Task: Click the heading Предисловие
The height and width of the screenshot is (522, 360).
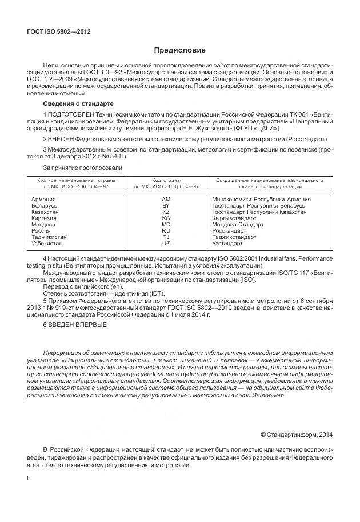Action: pos(179,50)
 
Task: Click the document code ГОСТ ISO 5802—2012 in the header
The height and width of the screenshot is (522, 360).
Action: pos(59,32)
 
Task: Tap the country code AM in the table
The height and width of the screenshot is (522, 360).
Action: pos(166,198)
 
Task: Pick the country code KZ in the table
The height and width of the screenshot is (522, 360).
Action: pos(166,211)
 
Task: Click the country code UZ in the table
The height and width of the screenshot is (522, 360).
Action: pos(166,243)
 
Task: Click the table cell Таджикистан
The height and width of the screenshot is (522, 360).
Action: pos(48,237)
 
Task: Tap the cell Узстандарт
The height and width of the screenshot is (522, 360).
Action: pos(227,243)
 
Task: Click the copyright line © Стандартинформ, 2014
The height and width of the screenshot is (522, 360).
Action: pos(296,435)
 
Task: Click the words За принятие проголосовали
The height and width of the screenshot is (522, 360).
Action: pos(82,168)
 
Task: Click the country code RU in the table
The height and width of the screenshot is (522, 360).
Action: pos(166,230)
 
